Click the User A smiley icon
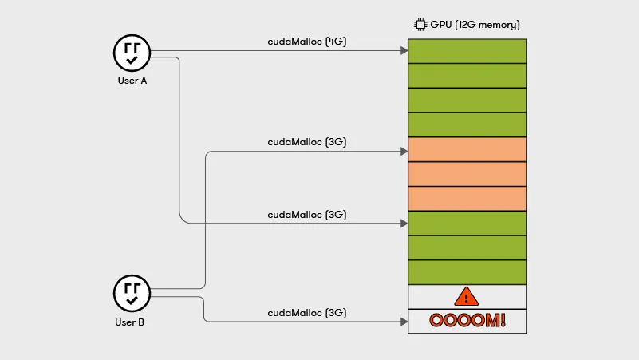point(132,53)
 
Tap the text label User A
point(132,81)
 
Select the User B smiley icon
point(132,294)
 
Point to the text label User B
point(132,322)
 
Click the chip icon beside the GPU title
point(420,24)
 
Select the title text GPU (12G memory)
point(475,24)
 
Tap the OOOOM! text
point(467,321)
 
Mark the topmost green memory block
point(467,51)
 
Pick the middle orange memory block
point(467,174)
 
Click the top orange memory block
point(467,149)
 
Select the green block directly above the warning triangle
point(467,272)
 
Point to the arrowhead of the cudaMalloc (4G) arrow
point(404,51)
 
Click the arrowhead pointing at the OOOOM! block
point(404,322)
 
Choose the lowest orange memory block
point(467,199)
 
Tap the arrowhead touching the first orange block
point(404,150)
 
